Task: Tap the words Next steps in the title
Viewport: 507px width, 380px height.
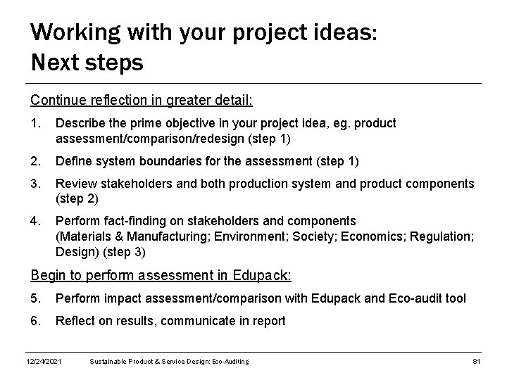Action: pyautogui.click(x=87, y=63)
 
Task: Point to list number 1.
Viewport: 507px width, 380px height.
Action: pyautogui.click(x=36, y=123)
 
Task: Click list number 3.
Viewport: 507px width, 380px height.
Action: pyautogui.click(x=36, y=184)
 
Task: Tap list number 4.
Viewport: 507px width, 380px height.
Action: pyautogui.click(x=36, y=221)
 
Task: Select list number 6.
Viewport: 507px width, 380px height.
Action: pyautogui.click(x=36, y=321)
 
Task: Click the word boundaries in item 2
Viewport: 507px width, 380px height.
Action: pyautogui.click(x=161, y=161)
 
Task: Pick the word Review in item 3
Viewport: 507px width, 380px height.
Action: pyautogui.click(x=75, y=184)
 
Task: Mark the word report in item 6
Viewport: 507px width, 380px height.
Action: pyautogui.click(x=267, y=321)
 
